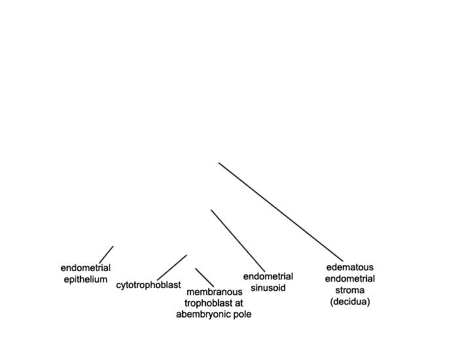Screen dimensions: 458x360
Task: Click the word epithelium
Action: tap(86, 279)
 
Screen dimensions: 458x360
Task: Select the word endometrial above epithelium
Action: tap(86, 268)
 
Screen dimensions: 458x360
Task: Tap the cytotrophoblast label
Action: tap(149, 285)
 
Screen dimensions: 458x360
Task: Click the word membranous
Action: tap(215, 292)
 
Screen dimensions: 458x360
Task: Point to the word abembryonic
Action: tap(203, 314)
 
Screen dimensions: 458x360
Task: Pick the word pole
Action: tap(241, 315)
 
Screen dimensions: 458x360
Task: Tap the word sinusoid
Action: tap(268, 288)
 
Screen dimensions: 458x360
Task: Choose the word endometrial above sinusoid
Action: tap(268, 276)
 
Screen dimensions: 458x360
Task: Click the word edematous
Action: tap(350, 267)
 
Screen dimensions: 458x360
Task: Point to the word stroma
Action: tap(350, 290)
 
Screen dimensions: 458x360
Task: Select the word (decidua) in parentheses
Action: tap(350, 302)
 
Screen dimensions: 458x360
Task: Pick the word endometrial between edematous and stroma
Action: tap(350, 279)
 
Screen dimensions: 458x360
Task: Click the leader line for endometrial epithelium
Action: tap(106, 255)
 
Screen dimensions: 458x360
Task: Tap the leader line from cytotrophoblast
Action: tap(172, 267)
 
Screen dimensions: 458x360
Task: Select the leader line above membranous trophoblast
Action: tap(204, 278)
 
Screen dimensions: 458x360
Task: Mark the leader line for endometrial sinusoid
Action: tap(238, 241)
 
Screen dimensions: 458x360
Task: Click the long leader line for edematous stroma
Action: tap(281, 212)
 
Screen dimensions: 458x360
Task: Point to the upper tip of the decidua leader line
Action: tap(219, 163)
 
